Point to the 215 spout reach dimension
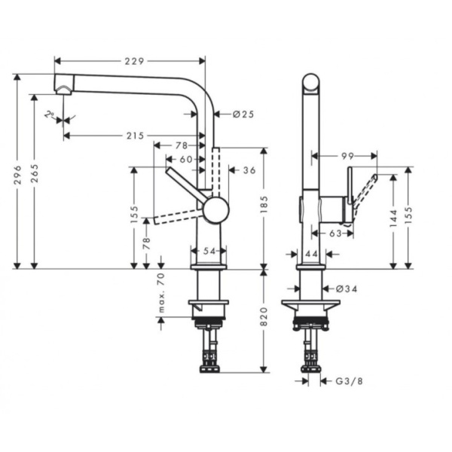pos(134,136)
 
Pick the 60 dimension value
pos(185,159)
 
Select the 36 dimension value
pos(249,171)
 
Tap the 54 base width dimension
pos(209,251)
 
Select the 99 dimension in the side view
pos(347,156)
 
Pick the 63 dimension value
pos(336,234)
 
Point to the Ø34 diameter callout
pos(344,288)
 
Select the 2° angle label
pos(50,115)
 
